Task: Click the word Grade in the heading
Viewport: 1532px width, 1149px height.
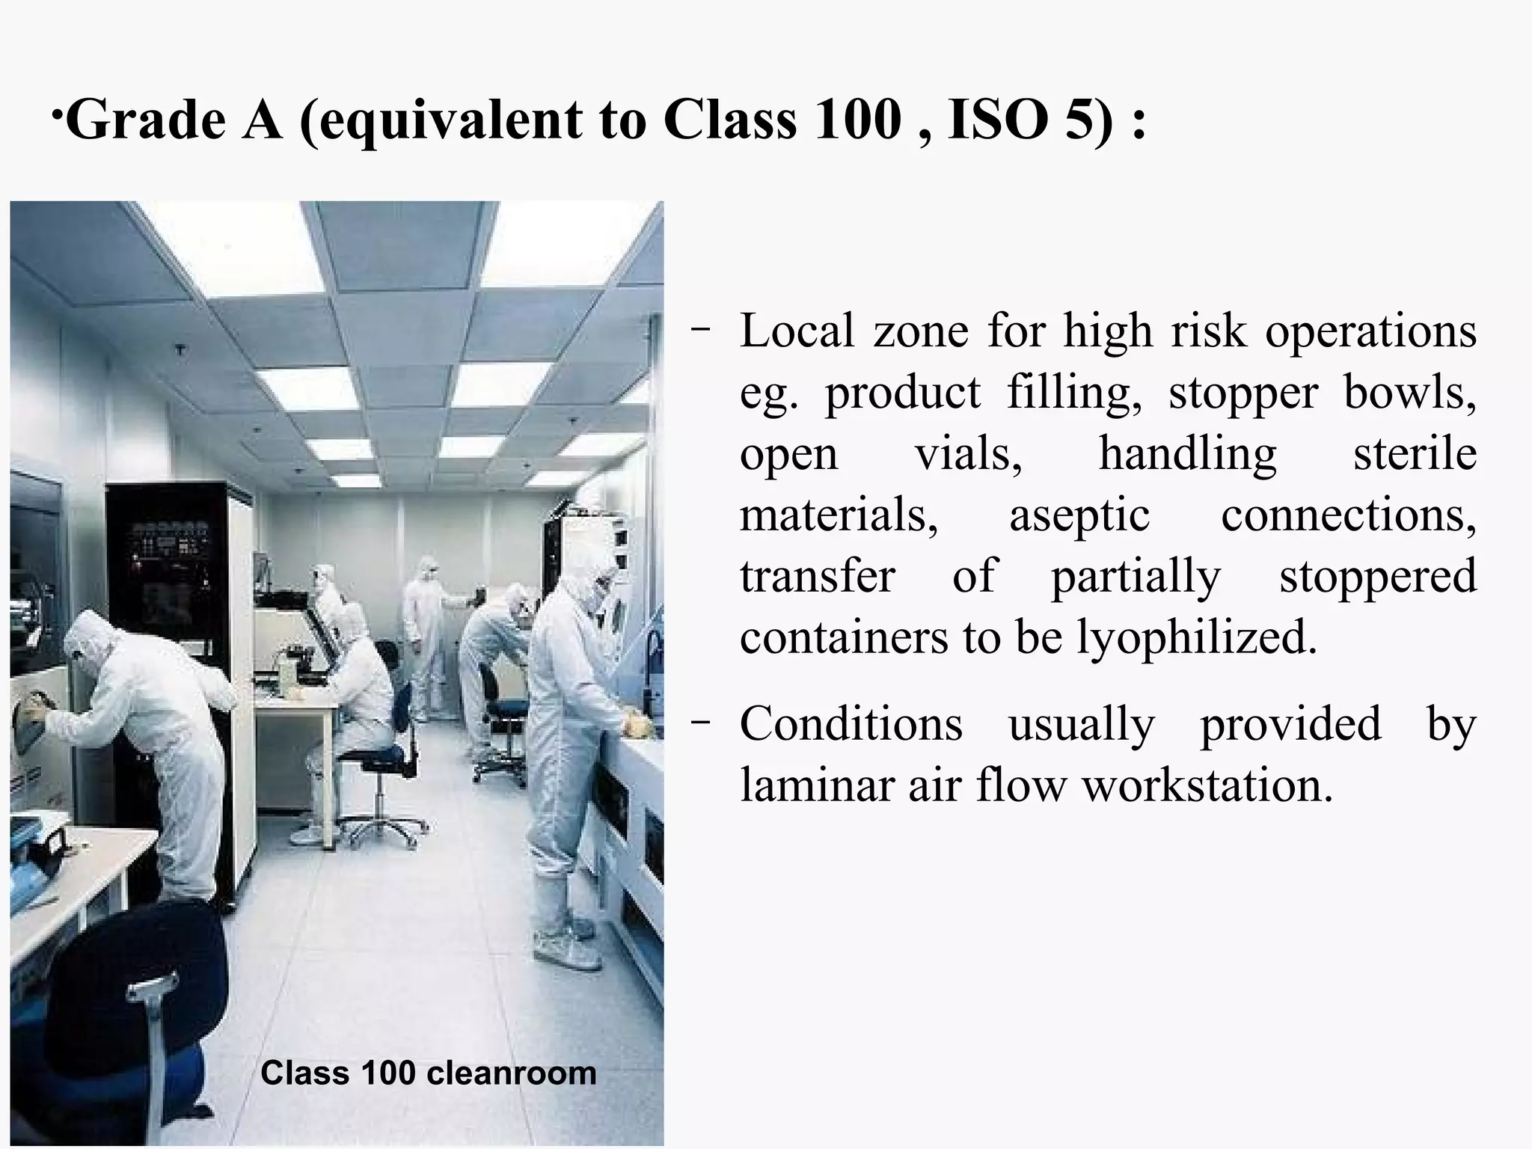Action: (x=147, y=120)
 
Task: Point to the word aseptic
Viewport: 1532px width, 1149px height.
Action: (x=1079, y=515)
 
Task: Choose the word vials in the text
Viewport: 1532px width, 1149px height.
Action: (x=968, y=454)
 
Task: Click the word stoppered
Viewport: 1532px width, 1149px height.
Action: (x=1377, y=576)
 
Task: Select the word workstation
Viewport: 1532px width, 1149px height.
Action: (x=1207, y=785)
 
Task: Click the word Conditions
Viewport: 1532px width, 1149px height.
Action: (x=851, y=724)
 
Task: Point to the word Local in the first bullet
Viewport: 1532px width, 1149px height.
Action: (x=797, y=331)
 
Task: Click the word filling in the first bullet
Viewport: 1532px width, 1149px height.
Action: (x=1073, y=392)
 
